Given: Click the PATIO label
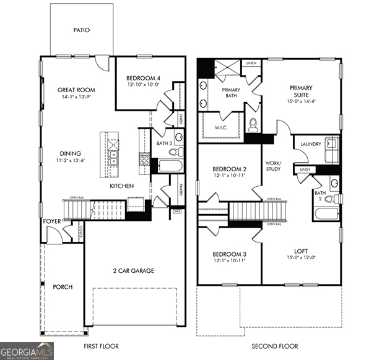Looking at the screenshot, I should coord(82,29).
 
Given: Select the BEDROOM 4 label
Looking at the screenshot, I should coord(143,78).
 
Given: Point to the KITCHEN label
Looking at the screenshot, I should coord(123,186).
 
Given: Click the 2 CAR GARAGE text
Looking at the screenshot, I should coord(133,270).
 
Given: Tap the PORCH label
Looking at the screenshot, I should coord(63,287).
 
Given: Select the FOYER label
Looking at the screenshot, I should coord(52,221).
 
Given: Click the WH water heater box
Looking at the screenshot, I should coord(177,211).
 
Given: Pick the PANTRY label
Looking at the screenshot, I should coord(180,189).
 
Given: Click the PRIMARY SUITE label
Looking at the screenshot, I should coord(301,92).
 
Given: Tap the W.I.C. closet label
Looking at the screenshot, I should coord(222,128).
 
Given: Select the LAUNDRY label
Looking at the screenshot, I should coord(310,144).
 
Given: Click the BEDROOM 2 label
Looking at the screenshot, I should coord(230,169).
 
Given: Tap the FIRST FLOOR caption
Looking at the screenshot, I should coord(101,346).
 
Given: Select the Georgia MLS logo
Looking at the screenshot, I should coord(27,351).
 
